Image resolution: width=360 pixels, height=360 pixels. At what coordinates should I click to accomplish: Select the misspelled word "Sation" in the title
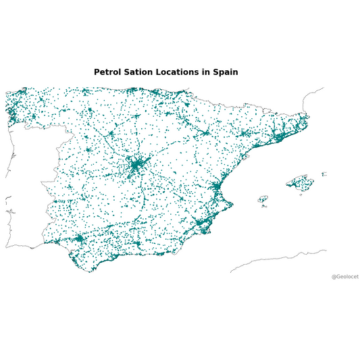(140, 72)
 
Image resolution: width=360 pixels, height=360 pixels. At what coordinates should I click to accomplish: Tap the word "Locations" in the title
(178, 72)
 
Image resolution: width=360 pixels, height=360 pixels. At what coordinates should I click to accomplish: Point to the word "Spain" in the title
(225, 72)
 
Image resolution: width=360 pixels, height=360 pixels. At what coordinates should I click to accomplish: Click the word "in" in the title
(205, 72)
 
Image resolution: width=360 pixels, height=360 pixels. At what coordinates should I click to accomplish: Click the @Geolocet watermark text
(344, 276)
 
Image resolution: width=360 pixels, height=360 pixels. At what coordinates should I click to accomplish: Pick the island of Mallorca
(300, 182)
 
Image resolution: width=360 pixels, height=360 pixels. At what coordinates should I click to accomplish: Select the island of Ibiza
(263, 199)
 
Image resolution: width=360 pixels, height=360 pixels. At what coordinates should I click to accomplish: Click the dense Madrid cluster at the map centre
(138, 164)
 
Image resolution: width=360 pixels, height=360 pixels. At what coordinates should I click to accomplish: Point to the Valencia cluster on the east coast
(215, 187)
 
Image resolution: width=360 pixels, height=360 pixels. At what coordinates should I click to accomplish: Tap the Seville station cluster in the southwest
(78, 238)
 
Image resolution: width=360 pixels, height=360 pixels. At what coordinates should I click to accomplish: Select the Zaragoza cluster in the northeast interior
(205, 133)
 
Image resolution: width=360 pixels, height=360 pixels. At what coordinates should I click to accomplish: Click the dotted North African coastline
(277, 258)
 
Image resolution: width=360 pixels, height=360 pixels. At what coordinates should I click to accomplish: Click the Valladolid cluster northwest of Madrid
(111, 133)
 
